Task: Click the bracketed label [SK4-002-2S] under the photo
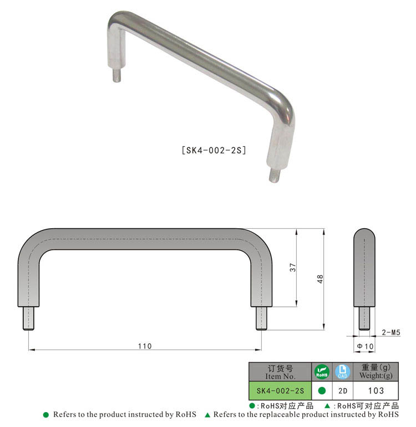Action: point(214,150)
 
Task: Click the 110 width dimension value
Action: point(145,346)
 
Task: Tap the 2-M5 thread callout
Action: point(391,332)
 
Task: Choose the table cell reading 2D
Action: point(343,390)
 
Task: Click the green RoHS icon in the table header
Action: point(322,372)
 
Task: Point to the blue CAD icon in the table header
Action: point(343,372)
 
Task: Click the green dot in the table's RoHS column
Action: point(322,390)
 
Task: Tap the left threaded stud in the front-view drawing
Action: point(29,318)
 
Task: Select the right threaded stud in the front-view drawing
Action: point(261,318)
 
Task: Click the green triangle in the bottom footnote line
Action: point(207,415)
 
